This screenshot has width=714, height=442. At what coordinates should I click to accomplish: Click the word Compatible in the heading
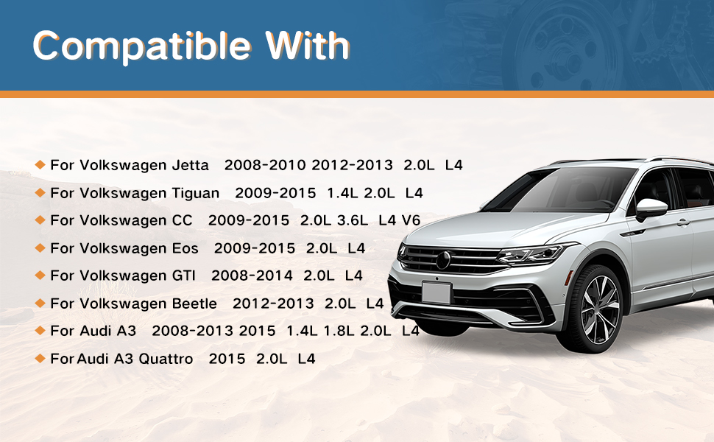coord(141,46)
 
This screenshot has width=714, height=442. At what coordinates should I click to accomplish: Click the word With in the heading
coord(308,45)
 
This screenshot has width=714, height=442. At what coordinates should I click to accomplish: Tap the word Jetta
coord(191,164)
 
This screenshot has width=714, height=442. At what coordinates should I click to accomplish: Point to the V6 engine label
coord(411,220)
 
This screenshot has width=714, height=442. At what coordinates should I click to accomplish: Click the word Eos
coord(185,248)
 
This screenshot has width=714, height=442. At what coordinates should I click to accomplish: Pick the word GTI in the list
coord(183,276)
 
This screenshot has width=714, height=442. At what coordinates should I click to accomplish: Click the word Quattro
coord(166,359)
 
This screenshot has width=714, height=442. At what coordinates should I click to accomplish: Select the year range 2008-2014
coord(252,276)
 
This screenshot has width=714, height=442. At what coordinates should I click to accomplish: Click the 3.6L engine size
coord(353,220)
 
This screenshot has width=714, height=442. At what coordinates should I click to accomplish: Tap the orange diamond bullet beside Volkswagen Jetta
coord(40,164)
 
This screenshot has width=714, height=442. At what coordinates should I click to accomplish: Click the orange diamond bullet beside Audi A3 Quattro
coord(40,359)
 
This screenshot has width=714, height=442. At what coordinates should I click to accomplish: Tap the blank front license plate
coord(436,292)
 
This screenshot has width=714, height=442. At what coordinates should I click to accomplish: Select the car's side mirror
coord(651,208)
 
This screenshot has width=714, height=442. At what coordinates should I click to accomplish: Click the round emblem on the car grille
coord(443,260)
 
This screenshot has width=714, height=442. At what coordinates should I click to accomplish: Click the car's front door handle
coord(683,222)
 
